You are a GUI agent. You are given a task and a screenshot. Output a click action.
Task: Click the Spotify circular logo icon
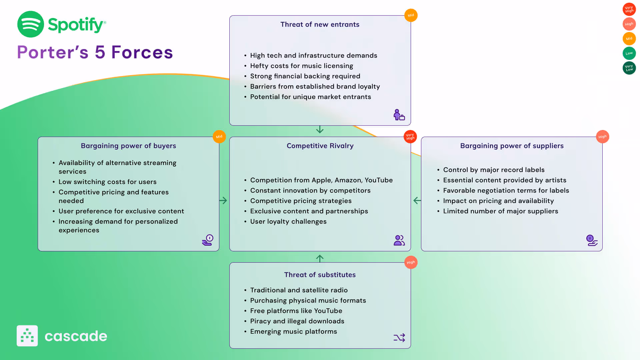point(30,24)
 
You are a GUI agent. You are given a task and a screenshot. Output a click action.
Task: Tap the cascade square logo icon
point(27,336)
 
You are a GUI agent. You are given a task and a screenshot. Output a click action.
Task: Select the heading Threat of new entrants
point(320,24)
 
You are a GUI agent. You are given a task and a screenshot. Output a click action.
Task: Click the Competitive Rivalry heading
point(320,146)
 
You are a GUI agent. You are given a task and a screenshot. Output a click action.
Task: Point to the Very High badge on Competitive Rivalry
point(410,137)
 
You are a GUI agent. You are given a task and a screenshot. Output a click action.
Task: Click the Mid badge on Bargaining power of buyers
point(219,137)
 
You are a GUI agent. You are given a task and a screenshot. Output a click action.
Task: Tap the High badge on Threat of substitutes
point(411,262)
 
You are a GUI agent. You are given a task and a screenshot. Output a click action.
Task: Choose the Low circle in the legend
point(629,53)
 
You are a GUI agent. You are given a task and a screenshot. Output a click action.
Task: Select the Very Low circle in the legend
point(629,68)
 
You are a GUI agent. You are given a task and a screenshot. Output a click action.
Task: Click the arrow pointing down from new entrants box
point(320,129)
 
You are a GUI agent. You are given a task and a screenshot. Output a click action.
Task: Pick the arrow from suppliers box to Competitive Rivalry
point(417,200)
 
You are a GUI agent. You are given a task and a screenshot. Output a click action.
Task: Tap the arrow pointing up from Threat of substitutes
point(320,258)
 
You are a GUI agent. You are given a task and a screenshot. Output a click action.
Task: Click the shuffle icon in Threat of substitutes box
point(399,338)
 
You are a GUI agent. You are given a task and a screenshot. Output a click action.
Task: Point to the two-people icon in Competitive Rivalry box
point(399,240)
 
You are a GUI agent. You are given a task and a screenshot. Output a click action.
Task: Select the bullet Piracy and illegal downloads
point(297,321)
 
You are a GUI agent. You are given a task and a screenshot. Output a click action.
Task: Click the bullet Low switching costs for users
point(107,182)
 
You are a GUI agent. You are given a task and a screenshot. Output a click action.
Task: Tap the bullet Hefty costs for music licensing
point(301,66)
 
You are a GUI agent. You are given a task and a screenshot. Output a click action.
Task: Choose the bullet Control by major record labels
point(493,170)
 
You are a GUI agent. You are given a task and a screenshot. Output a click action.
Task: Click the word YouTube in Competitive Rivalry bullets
point(378,180)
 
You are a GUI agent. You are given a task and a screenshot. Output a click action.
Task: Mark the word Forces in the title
point(142,52)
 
